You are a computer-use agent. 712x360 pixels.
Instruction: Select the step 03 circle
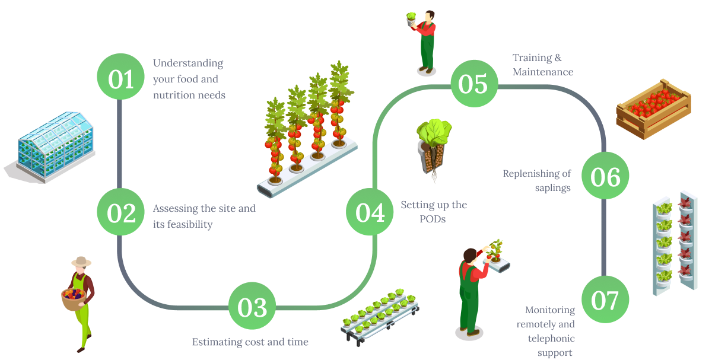(x=252, y=307)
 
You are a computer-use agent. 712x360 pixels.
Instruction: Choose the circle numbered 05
(x=473, y=84)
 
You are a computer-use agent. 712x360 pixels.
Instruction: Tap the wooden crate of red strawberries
(x=653, y=106)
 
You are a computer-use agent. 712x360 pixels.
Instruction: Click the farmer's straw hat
(x=81, y=262)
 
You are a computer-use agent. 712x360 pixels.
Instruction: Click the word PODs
(x=433, y=219)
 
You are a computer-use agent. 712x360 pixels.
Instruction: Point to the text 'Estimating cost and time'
(x=250, y=342)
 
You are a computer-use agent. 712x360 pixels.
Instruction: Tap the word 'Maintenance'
(x=543, y=72)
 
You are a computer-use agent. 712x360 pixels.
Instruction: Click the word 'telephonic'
(x=551, y=339)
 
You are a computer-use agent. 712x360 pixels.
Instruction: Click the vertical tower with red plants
(x=686, y=243)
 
